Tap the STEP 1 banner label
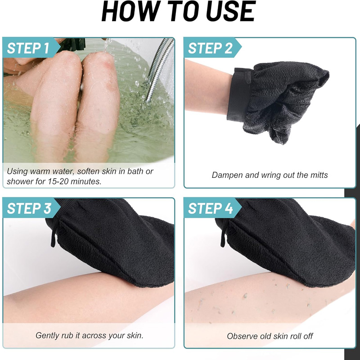(28, 48)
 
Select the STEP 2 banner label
(210, 48)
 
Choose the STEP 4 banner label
(210, 209)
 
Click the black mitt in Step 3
(112, 243)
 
